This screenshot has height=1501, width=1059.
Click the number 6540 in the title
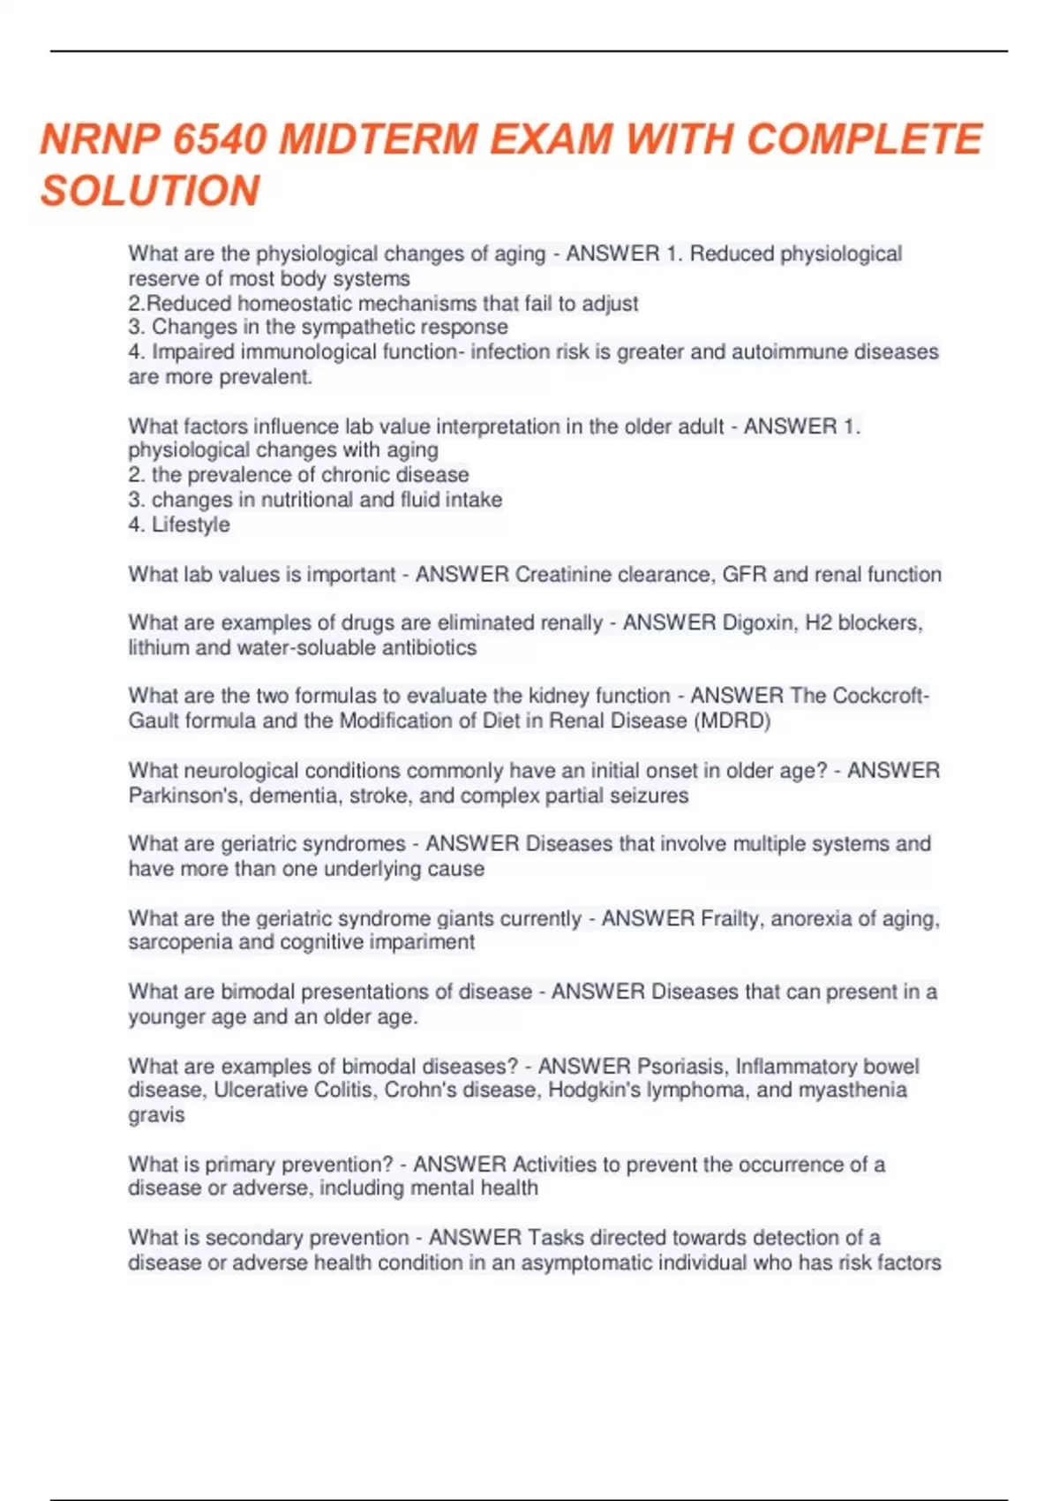tap(220, 140)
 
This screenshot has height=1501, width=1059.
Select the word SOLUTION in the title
tap(150, 191)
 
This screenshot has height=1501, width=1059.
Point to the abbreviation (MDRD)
tap(732, 721)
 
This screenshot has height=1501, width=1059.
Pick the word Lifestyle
tap(191, 524)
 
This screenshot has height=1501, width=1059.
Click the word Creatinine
tap(562, 575)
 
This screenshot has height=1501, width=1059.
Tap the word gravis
tap(156, 1115)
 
